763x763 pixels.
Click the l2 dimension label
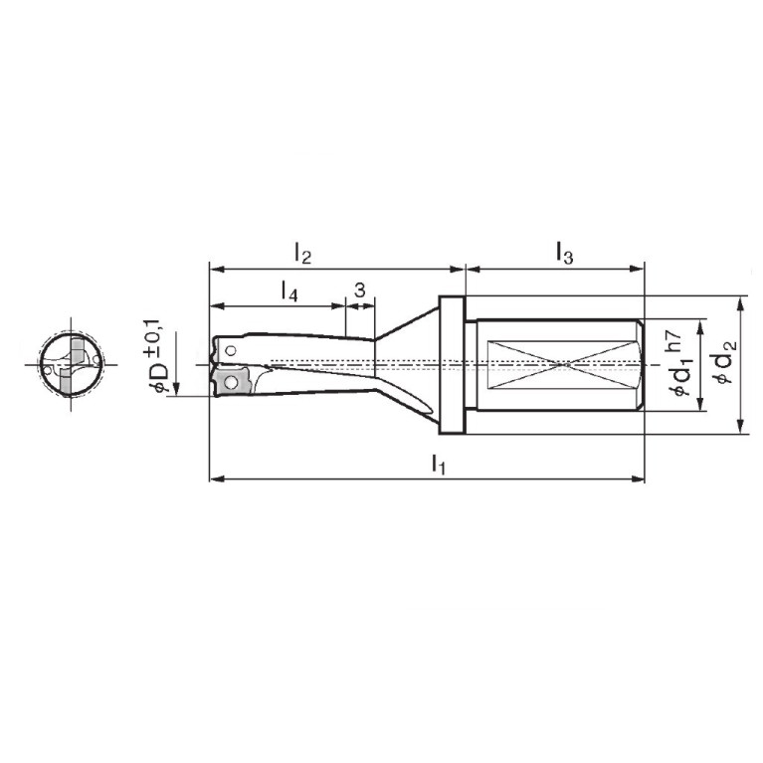pyautogui.click(x=302, y=254)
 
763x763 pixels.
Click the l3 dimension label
pyautogui.click(x=564, y=254)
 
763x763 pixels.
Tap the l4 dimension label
pyautogui.click(x=289, y=291)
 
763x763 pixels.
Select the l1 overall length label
pyautogui.click(x=439, y=465)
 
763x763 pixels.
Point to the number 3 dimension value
pyautogui.click(x=359, y=290)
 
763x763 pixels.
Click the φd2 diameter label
pyautogui.click(x=727, y=361)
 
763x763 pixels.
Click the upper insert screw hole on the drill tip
pyautogui.click(x=231, y=350)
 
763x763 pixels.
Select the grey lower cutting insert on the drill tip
pyautogui.click(x=232, y=382)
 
